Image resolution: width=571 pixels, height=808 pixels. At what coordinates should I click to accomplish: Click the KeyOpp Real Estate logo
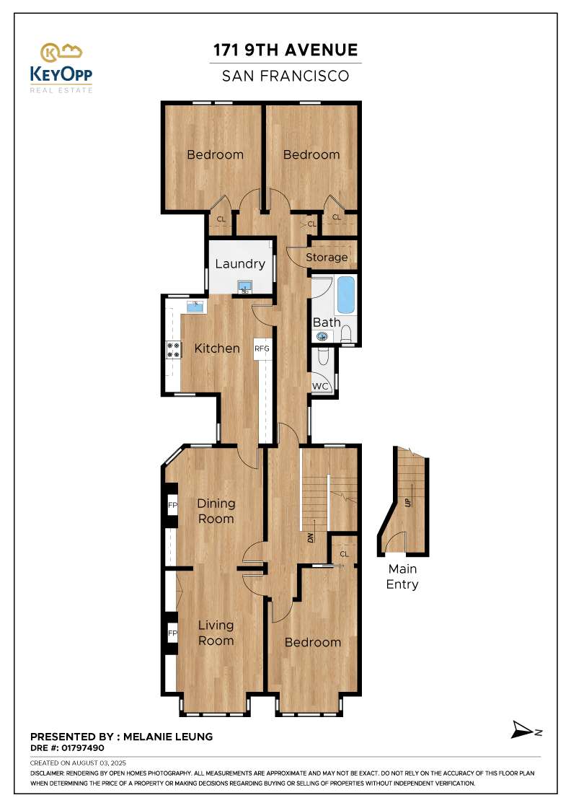[x=61, y=68]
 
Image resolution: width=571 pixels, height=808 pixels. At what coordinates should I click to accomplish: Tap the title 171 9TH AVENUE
[x=285, y=50]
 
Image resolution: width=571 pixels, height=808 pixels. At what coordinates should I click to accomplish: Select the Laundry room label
[x=240, y=264]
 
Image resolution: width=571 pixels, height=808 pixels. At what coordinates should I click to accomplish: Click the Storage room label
[x=327, y=258]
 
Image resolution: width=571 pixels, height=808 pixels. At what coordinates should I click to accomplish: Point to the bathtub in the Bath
[x=347, y=295]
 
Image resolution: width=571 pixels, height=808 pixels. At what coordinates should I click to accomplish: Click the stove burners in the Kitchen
[x=174, y=350]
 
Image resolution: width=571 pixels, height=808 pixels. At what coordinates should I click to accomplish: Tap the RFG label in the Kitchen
[x=261, y=350]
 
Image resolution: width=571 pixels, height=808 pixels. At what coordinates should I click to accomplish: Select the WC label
[x=320, y=387]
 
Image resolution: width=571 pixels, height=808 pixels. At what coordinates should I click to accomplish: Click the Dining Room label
[x=216, y=511]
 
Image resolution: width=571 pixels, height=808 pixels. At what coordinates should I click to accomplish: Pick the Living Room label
[x=216, y=633]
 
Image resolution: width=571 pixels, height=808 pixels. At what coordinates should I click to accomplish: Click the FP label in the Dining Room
[x=172, y=505]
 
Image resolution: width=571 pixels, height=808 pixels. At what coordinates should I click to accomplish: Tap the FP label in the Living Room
[x=172, y=634]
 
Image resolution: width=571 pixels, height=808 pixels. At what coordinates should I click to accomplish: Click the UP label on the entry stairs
[x=409, y=501]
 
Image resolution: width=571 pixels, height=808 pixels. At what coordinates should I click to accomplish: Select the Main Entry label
[x=402, y=577]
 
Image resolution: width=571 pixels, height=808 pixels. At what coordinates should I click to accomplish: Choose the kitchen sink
[x=195, y=307]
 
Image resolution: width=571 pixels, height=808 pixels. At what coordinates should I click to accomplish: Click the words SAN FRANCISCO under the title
[x=285, y=75]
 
